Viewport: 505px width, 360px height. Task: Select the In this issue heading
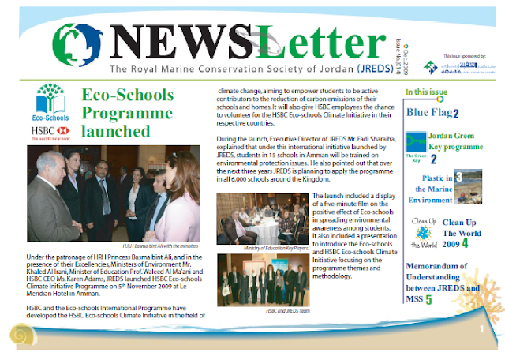click(x=428, y=93)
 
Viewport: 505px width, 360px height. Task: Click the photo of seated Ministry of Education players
click(x=262, y=220)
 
